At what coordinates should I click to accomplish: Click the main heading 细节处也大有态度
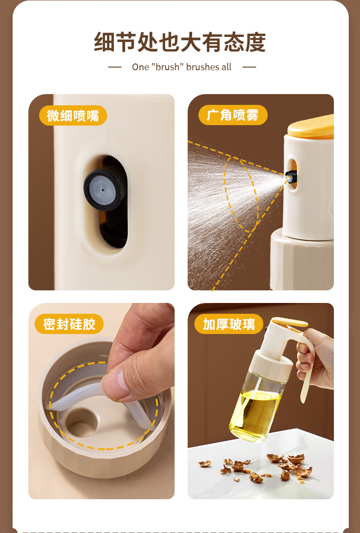pyautogui.click(x=180, y=42)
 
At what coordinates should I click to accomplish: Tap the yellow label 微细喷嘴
pyautogui.click(x=73, y=116)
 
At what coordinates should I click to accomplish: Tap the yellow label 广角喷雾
pyautogui.click(x=233, y=115)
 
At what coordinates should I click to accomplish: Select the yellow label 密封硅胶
pyautogui.click(x=69, y=324)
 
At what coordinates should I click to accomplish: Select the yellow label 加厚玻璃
pyautogui.click(x=229, y=324)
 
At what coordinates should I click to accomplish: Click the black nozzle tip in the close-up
pyautogui.click(x=103, y=190)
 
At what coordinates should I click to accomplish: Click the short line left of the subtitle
pyautogui.click(x=115, y=67)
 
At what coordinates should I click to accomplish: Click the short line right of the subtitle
pyautogui.click(x=249, y=67)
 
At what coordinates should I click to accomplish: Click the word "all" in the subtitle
pyautogui.click(x=226, y=67)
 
